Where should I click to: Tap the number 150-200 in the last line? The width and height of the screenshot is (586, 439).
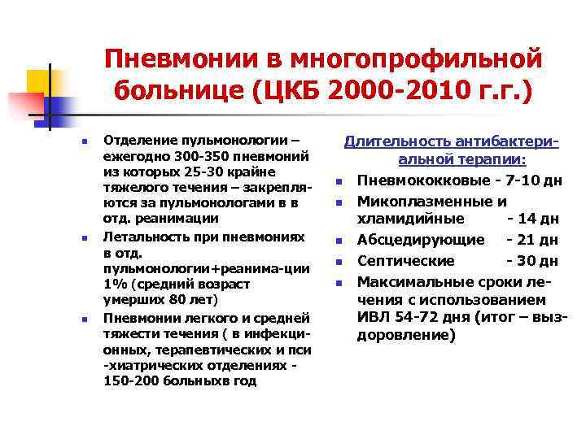(x=131, y=380)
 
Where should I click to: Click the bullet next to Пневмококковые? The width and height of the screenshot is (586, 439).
(x=337, y=180)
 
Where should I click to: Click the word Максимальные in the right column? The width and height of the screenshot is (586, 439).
(x=422, y=281)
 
